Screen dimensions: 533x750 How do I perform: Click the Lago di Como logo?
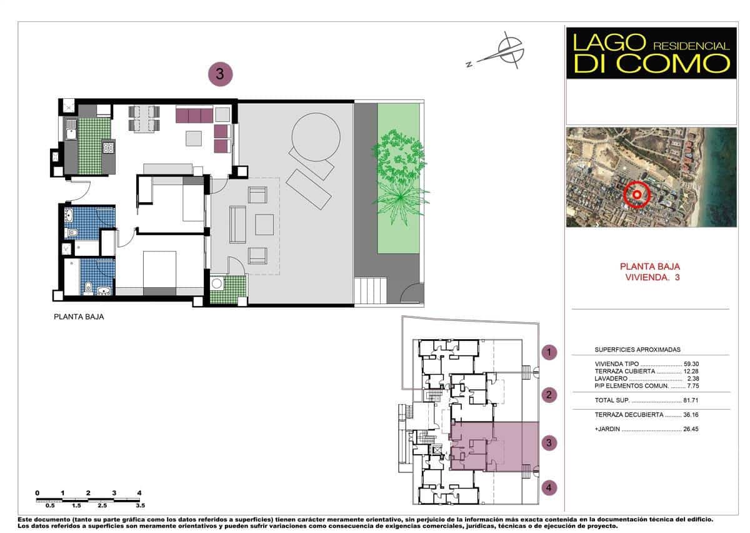point(651,53)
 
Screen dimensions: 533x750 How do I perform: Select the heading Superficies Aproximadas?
point(637,350)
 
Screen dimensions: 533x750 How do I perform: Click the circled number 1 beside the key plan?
point(549,353)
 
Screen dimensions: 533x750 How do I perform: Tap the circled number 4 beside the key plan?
point(549,487)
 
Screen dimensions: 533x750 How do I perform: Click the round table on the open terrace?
point(316,136)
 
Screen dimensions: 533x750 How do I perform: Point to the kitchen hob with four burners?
point(108,148)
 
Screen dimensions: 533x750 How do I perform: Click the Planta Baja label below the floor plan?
point(79,317)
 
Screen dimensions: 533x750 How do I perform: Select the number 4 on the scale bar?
point(139,493)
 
